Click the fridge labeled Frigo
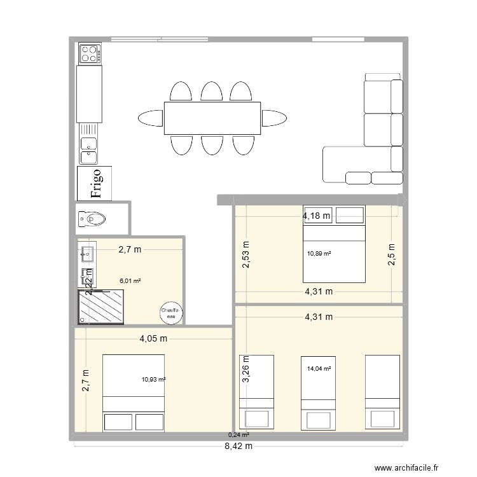pyautogui.click(x=94, y=183)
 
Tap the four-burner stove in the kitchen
pyautogui.click(x=90, y=53)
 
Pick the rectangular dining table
pyautogui.click(x=212, y=118)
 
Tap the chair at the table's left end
pyautogui.click(x=151, y=118)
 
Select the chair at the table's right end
pyautogui.click(x=274, y=118)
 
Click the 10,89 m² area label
pyautogui.click(x=319, y=254)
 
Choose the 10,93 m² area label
pyautogui.click(x=154, y=380)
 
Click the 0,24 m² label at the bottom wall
pyautogui.click(x=238, y=435)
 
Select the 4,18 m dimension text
pyautogui.click(x=317, y=216)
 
